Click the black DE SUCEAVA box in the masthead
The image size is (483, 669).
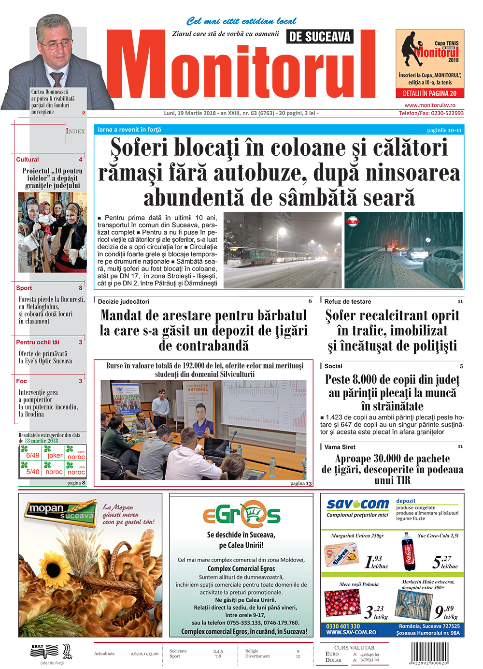pyautogui.click(x=320, y=37)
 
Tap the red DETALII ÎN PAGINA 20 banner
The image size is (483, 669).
pyautogui.click(x=430, y=93)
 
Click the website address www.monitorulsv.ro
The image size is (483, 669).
pyautogui.click(x=430, y=105)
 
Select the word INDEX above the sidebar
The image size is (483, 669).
pyautogui.click(x=75, y=131)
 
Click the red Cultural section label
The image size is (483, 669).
pyautogui.click(x=28, y=160)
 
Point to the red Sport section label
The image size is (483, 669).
pyautogui.click(x=24, y=288)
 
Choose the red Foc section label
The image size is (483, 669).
pyautogui.click(x=22, y=381)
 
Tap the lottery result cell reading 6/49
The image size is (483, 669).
pyautogui.click(x=32, y=455)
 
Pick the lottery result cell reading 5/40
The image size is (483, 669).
pyautogui.click(x=32, y=472)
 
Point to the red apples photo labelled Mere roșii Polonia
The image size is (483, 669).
pyautogui.click(x=342, y=603)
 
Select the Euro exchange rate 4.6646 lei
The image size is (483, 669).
pyautogui.click(x=369, y=654)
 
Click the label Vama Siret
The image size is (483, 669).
pyautogui.click(x=340, y=447)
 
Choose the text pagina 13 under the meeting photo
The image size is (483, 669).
pyautogui.click(x=301, y=483)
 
